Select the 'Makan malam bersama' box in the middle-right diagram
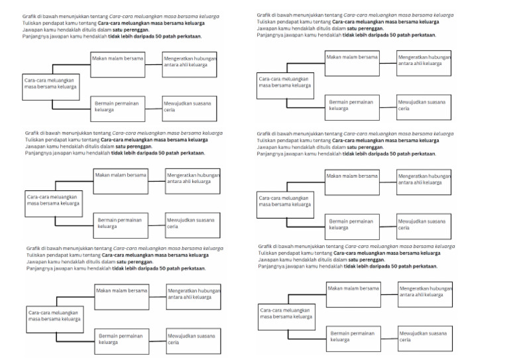(x=352, y=182)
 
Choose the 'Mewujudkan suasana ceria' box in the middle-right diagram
(x=424, y=226)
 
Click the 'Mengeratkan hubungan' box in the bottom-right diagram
(x=425, y=295)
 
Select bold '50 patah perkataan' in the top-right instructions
(x=410, y=35)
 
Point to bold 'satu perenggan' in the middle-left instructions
(x=129, y=148)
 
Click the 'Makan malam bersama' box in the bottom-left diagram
(x=121, y=296)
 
